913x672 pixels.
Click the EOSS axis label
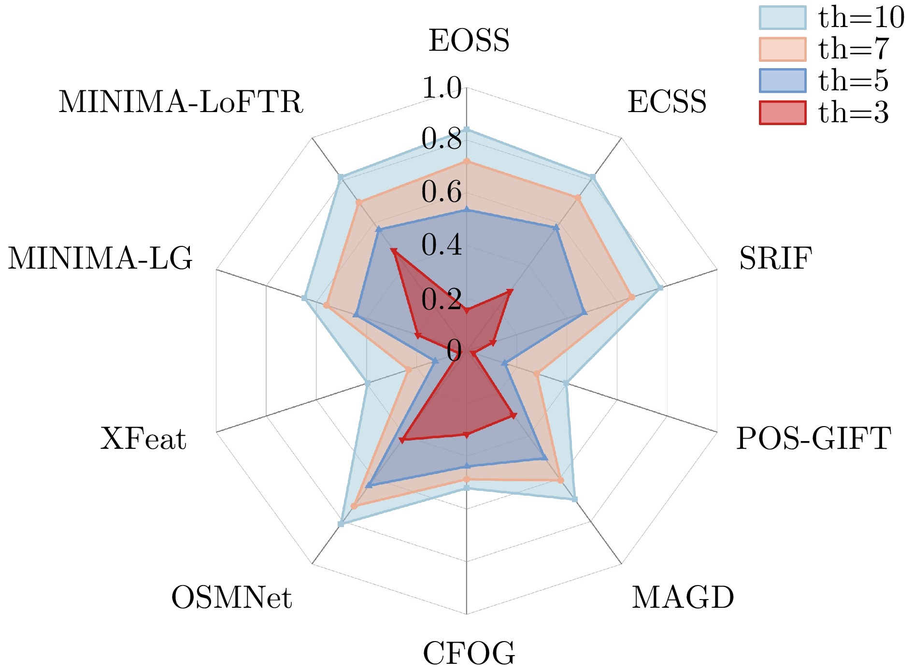(x=469, y=41)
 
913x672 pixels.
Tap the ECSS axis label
(x=667, y=102)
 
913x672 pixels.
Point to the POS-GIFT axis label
(x=813, y=439)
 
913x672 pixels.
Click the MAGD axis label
(x=683, y=598)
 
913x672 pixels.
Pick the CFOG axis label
(x=469, y=654)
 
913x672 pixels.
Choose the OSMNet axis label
(x=231, y=598)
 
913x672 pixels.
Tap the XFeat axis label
(x=143, y=439)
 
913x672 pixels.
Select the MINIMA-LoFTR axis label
(x=181, y=102)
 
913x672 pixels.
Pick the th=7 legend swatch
(x=783, y=49)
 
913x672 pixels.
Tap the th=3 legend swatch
(x=783, y=113)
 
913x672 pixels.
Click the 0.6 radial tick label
(x=442, y=192)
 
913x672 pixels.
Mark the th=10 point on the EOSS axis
(x=467, y=129)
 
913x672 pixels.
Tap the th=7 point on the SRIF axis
(x=632, y=297)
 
